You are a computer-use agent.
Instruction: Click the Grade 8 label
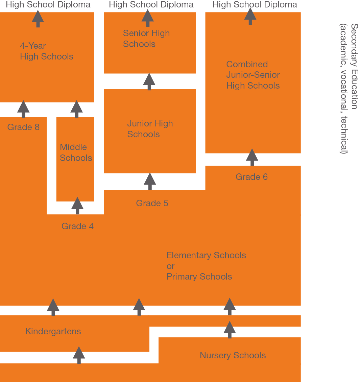[x=23, y=127]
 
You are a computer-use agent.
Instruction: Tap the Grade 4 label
[x=77, y=226]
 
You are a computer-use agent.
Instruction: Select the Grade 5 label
[x=152, y=203]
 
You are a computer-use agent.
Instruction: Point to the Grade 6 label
[x=251, y=177]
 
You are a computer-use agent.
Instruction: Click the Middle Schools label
[x=76, y=152]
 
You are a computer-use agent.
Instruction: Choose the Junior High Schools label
[x=150, y=129]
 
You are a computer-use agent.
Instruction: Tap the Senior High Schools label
[x=146, y=39]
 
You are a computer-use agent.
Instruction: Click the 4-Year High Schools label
[x=46, y=51]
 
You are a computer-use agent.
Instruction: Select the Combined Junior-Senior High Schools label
[x=253, y=75]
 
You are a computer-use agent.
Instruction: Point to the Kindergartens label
[x=53, y=331]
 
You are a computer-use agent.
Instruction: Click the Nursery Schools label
[x=233, y=355]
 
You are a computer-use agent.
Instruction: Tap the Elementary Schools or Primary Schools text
[x=206, y=266]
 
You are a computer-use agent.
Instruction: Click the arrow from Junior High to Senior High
[x=149, y=81]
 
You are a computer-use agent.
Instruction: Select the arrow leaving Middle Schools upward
[x=77, y=109]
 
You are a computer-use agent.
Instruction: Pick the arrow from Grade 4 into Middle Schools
[x=77, y=206]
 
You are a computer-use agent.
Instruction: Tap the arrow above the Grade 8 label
[x=23, y=109]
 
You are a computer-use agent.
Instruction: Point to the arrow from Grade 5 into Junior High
[x=150, y=182]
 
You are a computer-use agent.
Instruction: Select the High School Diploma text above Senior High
[x=151, y=5]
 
